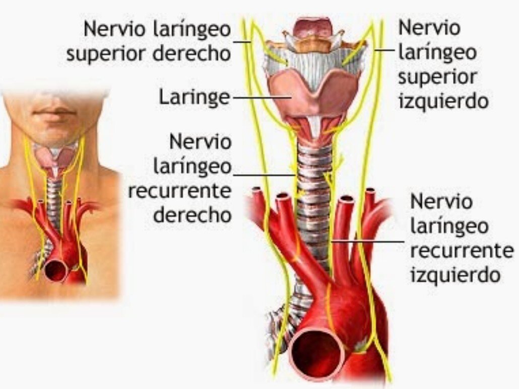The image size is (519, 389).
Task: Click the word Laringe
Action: click(194, 97)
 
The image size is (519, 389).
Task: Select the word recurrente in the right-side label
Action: click(462, 251)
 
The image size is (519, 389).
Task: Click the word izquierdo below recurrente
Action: click(455, 275)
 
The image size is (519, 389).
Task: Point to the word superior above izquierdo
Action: click(437, 77)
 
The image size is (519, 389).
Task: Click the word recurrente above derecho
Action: click(179, 191)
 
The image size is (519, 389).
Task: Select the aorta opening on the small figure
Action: click(56, 270)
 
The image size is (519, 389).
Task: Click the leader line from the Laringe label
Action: click(262, 98)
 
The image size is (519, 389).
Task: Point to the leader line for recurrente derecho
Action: click(264, 175)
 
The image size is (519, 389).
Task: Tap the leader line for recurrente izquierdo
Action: click(367, 241)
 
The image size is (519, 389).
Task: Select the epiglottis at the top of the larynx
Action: click(310, 28)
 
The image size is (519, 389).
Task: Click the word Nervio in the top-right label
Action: click(429, 28)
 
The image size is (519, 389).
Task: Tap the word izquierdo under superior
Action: click(443, 101)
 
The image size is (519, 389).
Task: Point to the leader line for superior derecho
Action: click(242, 42)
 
